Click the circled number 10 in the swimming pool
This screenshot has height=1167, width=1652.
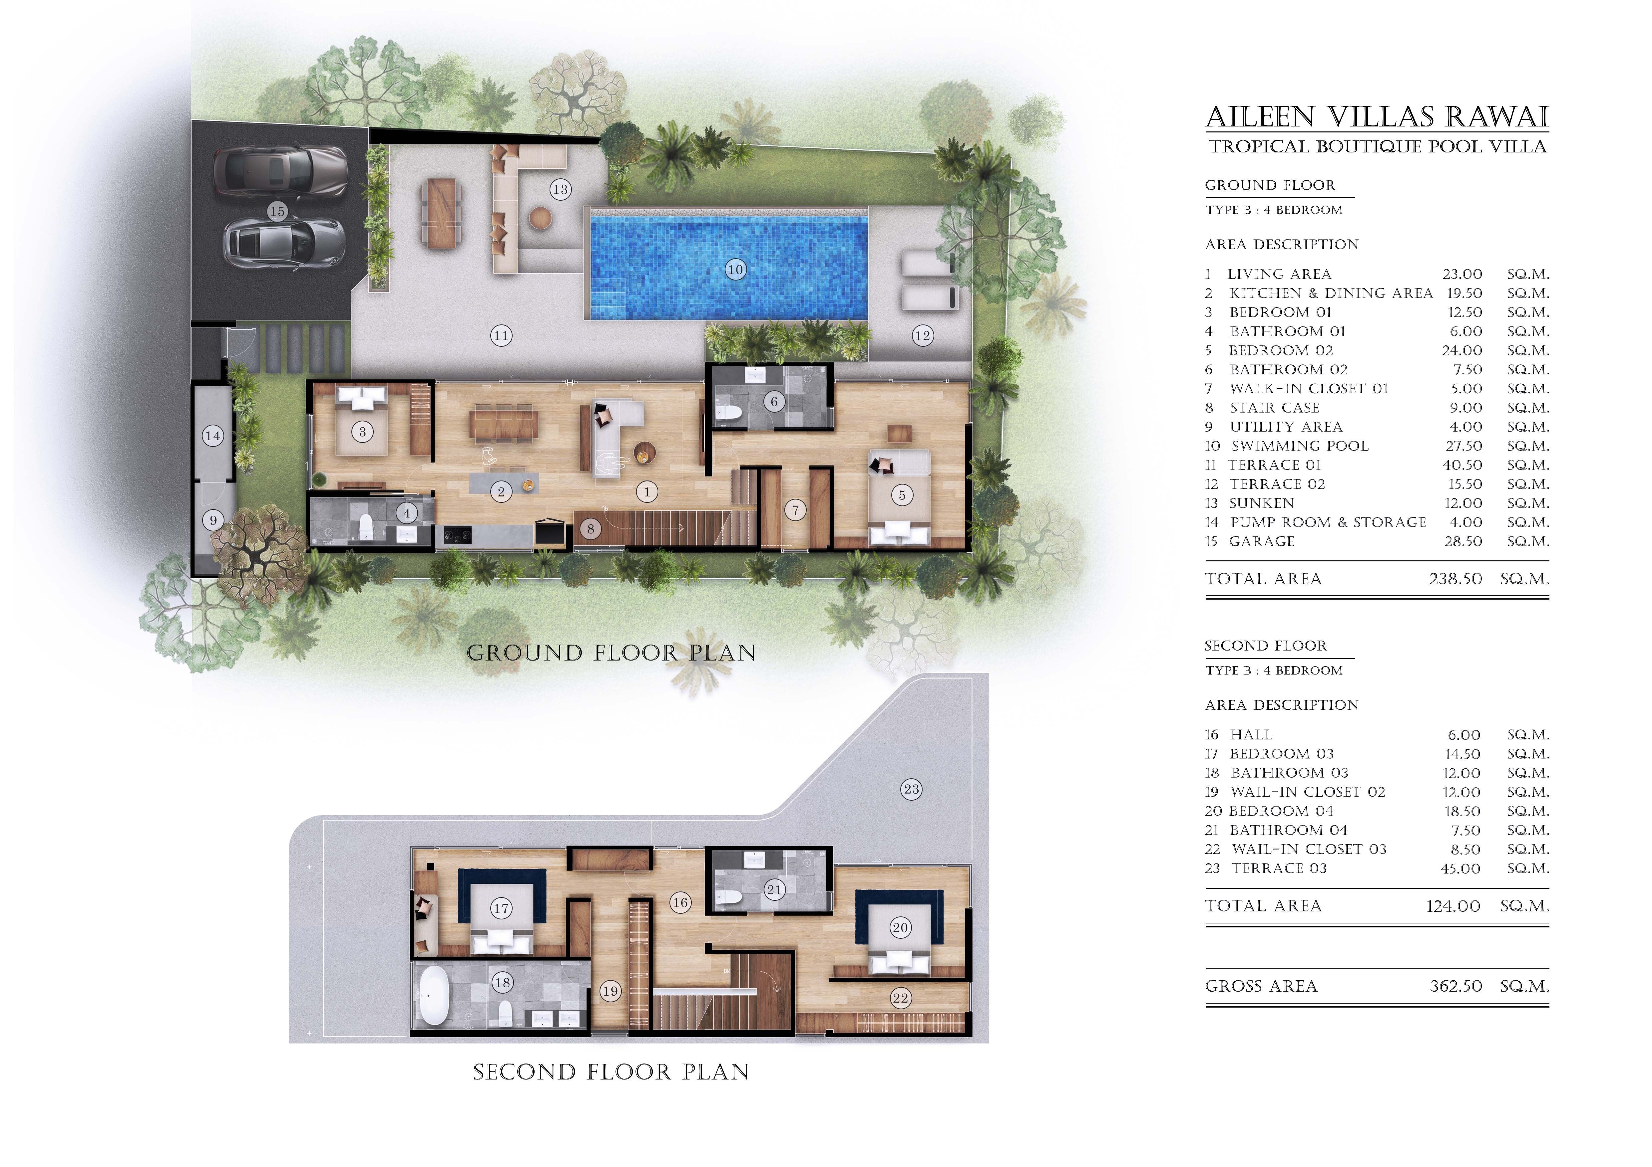click(735, 270)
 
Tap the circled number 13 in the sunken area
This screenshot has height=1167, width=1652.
click(560, 190)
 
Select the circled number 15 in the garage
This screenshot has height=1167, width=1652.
click(277, 211)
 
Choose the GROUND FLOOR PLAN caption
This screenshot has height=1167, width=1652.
click(612, 653)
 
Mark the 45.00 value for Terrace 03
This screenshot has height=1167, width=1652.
click(1460, 869)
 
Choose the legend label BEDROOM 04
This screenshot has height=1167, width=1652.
click(1281, 811)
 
